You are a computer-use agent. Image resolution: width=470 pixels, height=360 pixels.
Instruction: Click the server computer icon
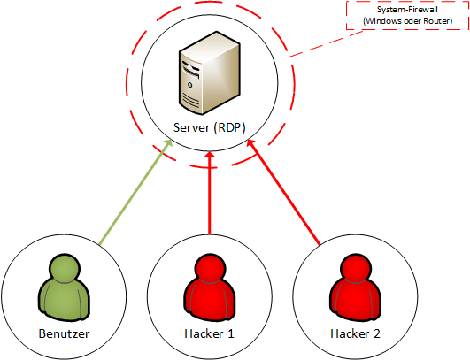(x=210, y=73)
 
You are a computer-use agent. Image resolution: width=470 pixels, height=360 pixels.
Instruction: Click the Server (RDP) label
(x=210, y=127)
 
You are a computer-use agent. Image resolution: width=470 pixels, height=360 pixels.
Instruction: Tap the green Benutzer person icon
(x=64, y=287)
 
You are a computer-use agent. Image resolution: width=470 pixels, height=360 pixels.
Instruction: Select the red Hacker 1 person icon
(x=210, y=287)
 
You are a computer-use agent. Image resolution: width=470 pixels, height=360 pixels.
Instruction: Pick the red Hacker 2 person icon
(x=355, y=287)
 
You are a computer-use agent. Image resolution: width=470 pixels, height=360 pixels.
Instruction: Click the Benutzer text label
(x=64, y=333)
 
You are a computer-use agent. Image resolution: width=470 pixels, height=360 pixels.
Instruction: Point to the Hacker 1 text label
(x=209, y=333)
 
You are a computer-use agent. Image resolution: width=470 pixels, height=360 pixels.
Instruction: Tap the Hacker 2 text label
(x=355, y=333)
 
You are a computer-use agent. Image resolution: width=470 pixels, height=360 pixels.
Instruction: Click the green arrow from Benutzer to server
(x=136, y=192)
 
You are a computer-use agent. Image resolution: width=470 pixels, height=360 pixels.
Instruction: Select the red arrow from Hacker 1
(x=210, y=193)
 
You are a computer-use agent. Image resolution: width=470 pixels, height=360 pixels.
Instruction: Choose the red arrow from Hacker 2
(x=283, y=192)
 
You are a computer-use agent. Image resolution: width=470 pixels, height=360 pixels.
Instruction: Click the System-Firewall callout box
(x=407, y=16)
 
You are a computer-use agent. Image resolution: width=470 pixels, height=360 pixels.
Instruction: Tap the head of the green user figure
(x=64, y=268)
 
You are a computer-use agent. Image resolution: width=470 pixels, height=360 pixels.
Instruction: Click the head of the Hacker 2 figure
(x=355, y=268)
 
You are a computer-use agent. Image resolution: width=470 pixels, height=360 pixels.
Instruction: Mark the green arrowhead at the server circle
(x=169, y=144)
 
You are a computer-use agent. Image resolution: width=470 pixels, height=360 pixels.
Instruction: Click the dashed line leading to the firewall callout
(x=326, y=43)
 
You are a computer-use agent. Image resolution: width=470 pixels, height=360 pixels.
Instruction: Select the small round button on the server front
(x=190, y=85)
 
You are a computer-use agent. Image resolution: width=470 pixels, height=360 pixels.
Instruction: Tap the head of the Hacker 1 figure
(x=210, y=268)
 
